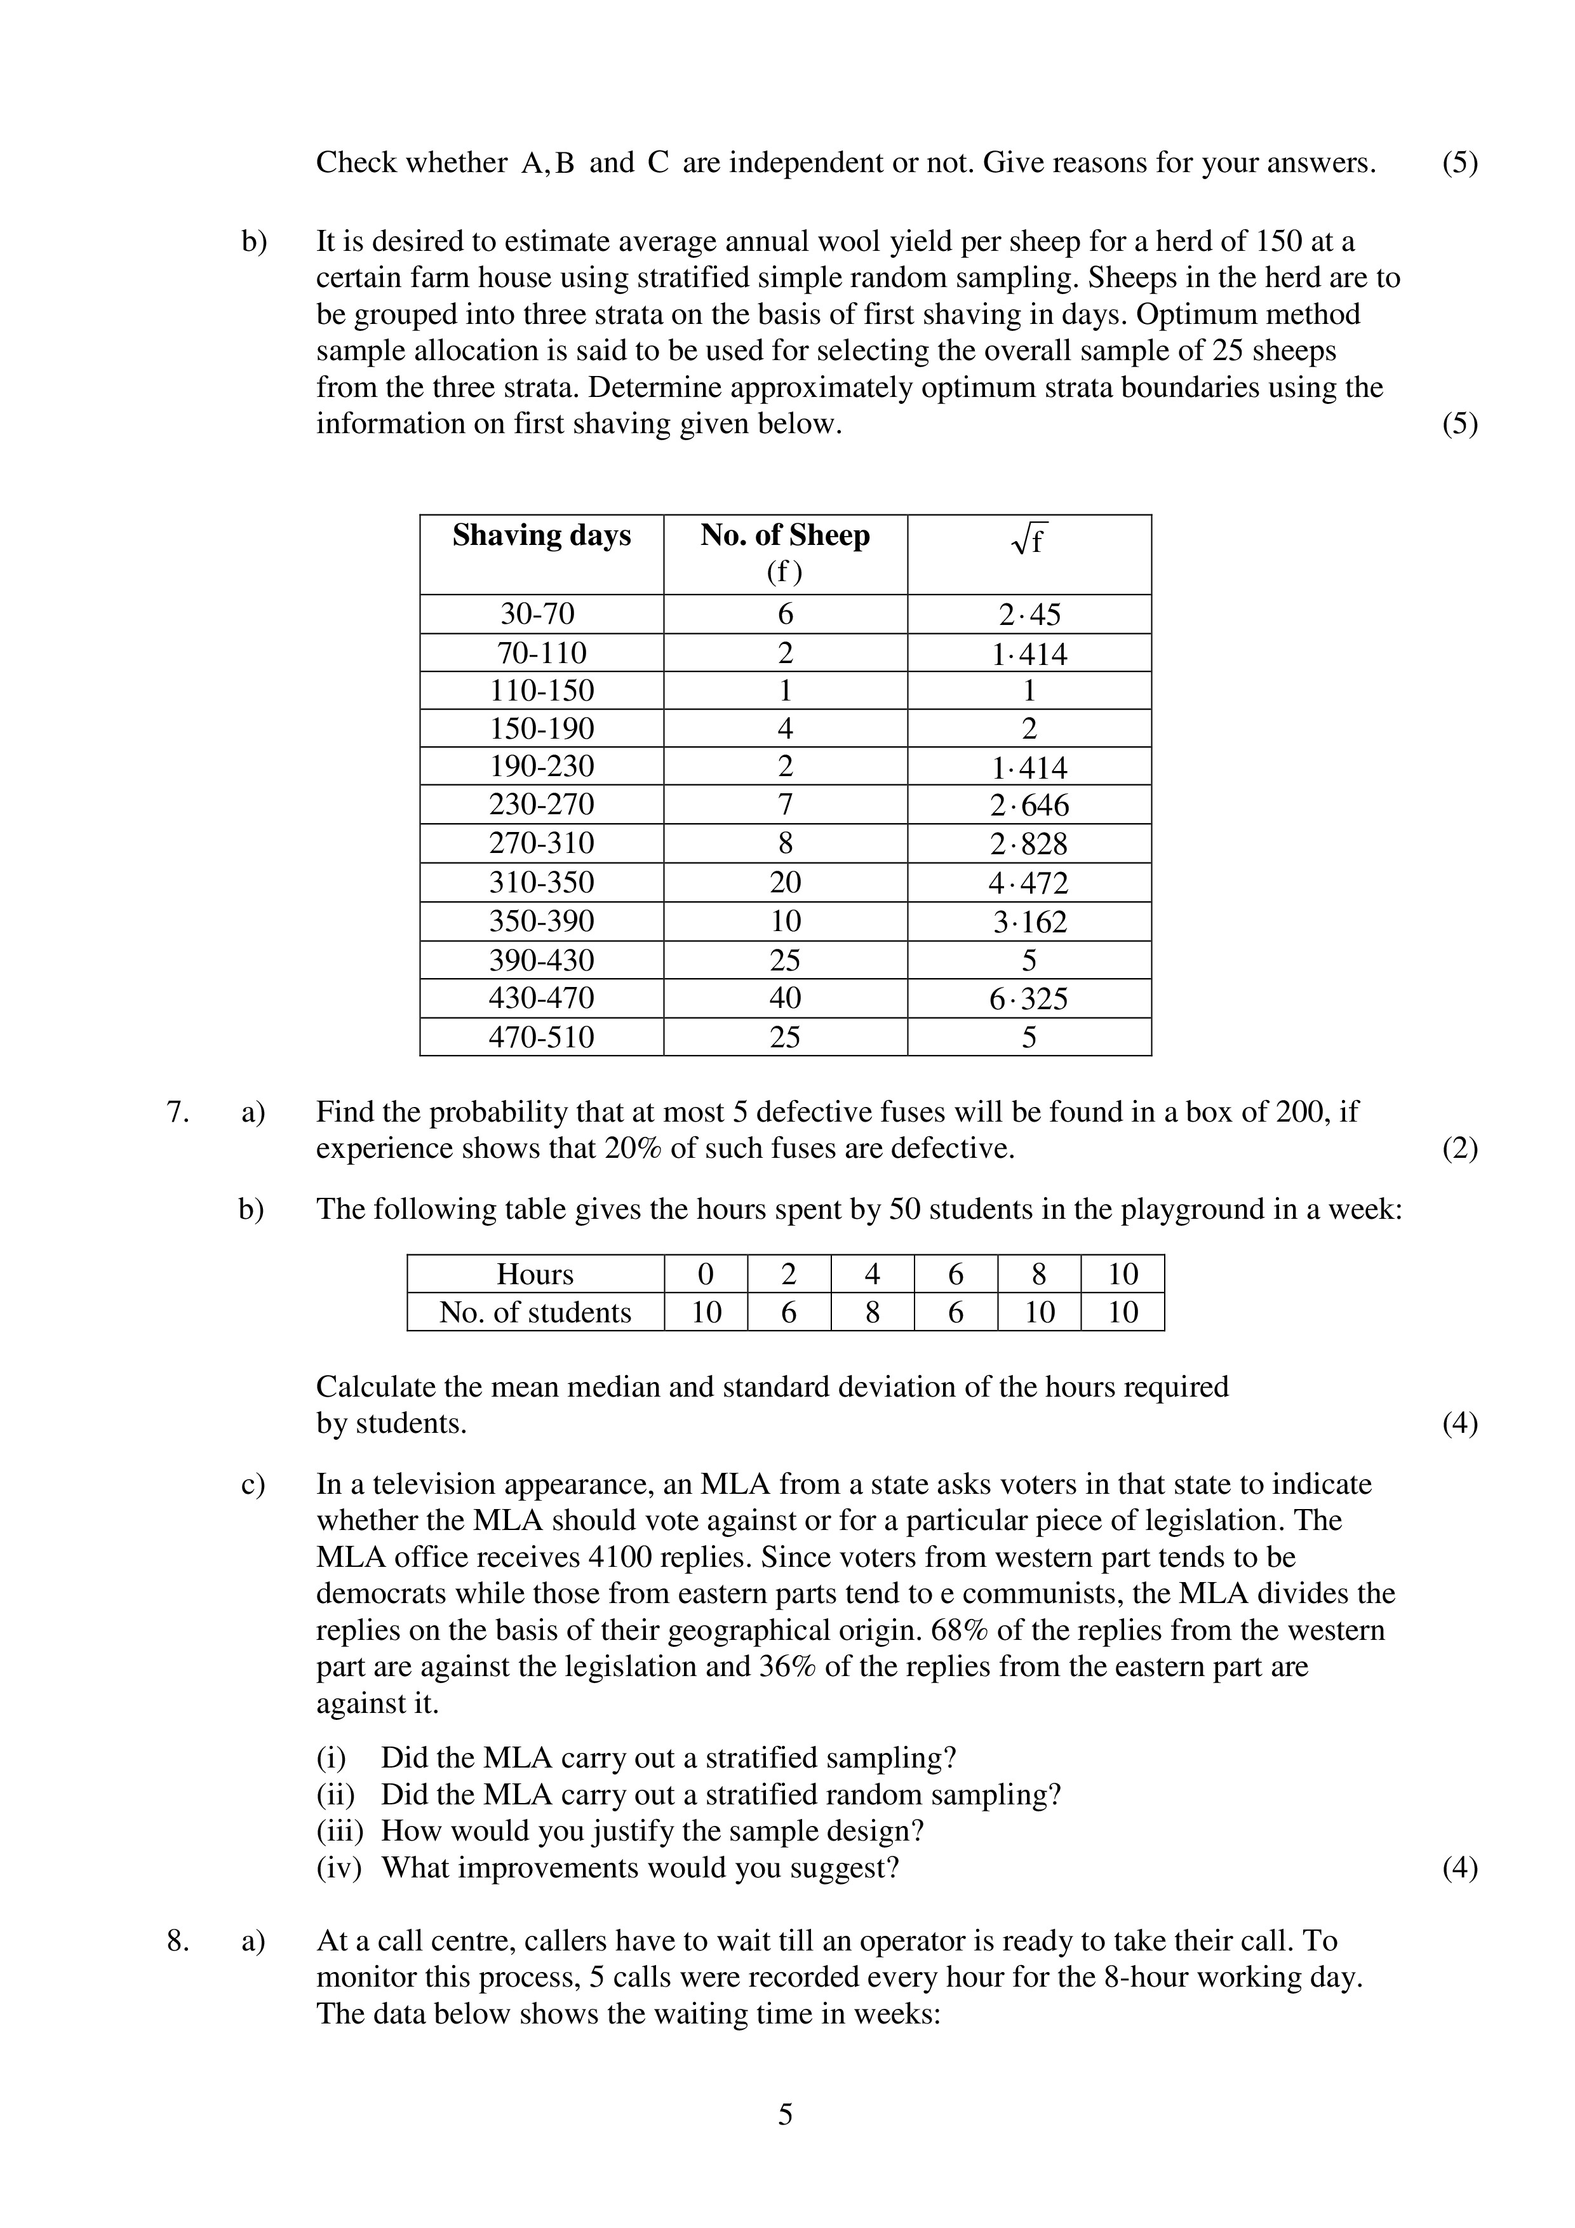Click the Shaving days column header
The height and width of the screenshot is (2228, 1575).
[542, 535]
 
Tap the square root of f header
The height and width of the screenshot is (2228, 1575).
[1029, 539]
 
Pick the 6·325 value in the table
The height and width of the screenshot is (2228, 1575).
[1029, 998]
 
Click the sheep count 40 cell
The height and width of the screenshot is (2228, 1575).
[785, 998]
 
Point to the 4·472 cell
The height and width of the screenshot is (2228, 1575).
[1029, 883]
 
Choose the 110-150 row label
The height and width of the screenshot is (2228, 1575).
[542, 691]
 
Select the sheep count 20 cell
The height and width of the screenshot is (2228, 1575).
[785, 883]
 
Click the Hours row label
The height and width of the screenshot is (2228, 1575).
[535, 1274]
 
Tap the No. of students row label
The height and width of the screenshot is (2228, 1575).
[535, 1313]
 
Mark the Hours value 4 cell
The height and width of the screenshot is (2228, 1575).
[873, 1274]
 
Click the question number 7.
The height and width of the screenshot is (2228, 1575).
[178, 1112]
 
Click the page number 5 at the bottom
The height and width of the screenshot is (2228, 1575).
[785, 2142]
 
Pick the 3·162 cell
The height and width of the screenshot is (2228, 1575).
[1029, 922]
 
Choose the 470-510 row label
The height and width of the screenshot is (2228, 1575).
[542, 1037]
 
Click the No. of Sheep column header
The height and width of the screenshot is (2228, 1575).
[785, 535]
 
